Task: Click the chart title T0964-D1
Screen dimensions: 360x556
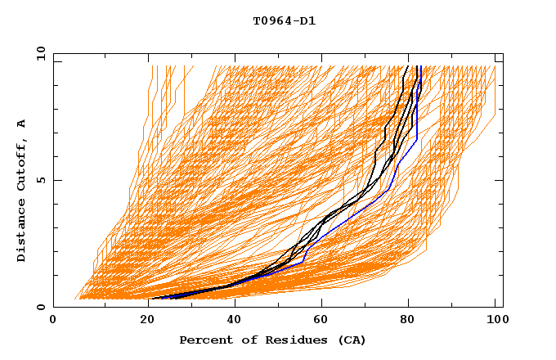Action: pos(284,21)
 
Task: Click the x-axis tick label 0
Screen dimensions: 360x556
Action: pos(53,322)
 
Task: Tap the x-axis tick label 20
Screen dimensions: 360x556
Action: pos(141,322)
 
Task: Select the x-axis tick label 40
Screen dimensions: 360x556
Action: pos(230,322)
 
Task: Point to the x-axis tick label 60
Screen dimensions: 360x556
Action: pos(318,322)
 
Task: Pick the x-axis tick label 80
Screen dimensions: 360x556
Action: pos(406,322)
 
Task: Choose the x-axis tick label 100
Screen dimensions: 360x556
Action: pos(495,322)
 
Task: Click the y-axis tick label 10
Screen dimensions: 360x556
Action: pos(39,53)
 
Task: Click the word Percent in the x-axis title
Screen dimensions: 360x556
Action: pos(202,340)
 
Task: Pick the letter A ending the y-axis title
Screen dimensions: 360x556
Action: pos(21,124)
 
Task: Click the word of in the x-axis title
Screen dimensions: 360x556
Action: pos(242,340)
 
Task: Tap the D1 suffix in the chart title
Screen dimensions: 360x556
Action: pos(308,21)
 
